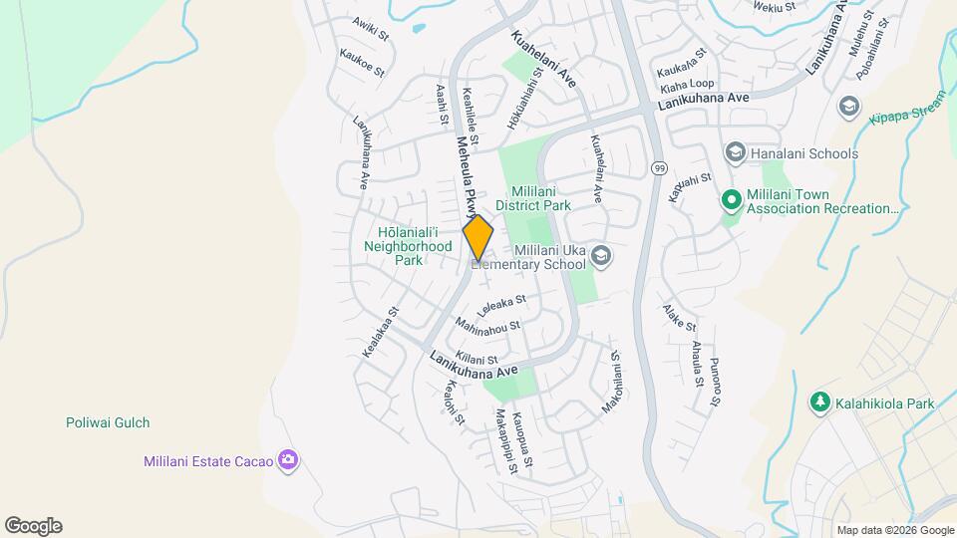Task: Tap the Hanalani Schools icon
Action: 735,153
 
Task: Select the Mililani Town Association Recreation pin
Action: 731,201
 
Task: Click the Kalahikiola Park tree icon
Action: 819,403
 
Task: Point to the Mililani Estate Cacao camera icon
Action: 288,460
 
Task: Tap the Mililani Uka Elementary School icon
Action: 601,256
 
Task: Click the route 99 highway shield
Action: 659,167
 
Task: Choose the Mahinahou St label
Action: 487,326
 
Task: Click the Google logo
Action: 33,526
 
